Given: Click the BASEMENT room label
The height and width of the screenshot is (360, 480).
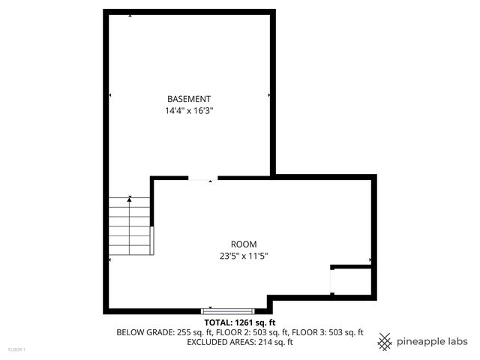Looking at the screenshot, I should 189,99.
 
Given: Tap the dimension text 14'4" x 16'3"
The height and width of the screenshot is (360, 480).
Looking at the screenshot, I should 189,110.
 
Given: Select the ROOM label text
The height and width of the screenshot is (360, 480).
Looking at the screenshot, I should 244,244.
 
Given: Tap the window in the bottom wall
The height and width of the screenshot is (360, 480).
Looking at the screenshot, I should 228,310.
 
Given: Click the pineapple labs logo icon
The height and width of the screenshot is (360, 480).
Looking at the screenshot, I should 385,341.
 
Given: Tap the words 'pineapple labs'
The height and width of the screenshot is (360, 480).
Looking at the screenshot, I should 432,341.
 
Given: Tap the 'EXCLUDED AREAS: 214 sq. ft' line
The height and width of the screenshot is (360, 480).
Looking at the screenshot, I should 240,342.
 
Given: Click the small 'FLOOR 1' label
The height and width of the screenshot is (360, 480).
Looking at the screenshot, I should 16,349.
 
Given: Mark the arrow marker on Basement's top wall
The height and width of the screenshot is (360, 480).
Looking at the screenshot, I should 130,15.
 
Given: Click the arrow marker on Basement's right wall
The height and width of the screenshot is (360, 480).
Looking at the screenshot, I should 269,95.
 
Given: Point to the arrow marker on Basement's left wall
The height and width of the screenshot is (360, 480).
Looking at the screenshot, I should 111,95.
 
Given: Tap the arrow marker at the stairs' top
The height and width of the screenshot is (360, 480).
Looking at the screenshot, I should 130,198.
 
